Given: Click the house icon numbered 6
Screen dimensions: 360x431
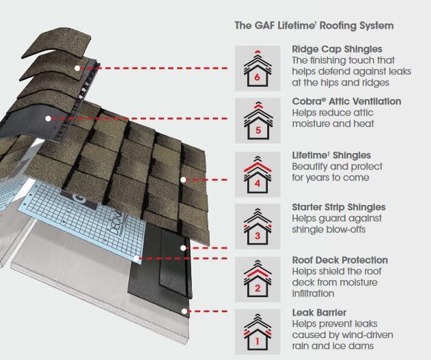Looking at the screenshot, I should pos(257,68).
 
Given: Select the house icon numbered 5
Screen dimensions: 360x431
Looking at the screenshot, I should pos(257,120).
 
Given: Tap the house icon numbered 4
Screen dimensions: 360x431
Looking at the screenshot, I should pos(257,174).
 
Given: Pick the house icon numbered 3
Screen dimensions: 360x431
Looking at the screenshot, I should pos(257,226).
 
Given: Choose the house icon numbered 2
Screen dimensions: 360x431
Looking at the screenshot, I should pos(257,279).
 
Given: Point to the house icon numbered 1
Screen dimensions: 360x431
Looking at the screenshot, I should pos(257,331).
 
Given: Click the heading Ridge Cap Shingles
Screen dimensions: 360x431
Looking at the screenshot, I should pos(337,49).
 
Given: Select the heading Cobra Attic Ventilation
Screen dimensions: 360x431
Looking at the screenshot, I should pos(346,101).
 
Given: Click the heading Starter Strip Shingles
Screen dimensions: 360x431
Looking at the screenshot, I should pos(338,207).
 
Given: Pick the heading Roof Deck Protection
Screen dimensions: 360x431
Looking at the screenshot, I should pos(339,260).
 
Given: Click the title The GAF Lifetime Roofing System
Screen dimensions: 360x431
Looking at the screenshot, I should pos(314,26).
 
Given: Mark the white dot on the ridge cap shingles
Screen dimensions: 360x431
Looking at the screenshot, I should pos(79,68).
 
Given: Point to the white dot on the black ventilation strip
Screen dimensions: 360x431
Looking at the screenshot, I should pos(48,117).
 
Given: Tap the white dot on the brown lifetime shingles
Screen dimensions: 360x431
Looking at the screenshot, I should pos(183,180).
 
